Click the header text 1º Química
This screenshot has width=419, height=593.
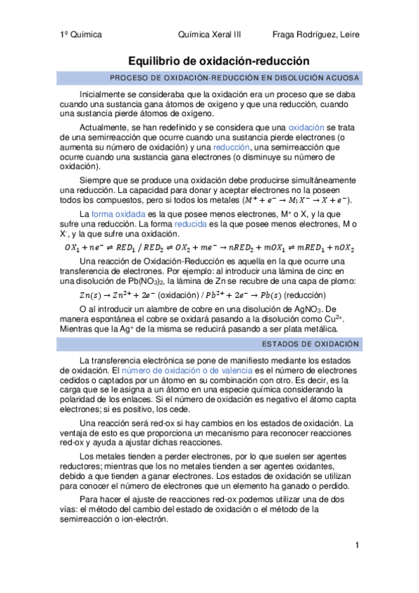tap(81, 34)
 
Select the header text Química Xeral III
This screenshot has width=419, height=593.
tap(210, 34)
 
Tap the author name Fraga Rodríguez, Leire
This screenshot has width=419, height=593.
tap(315, 34)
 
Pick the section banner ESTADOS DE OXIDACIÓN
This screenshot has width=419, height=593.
tap(311, 344)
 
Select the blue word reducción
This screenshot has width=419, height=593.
tap(236, 148)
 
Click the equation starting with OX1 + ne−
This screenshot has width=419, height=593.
tap(210, 248)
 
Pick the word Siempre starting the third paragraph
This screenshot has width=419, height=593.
tap(97, 180)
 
